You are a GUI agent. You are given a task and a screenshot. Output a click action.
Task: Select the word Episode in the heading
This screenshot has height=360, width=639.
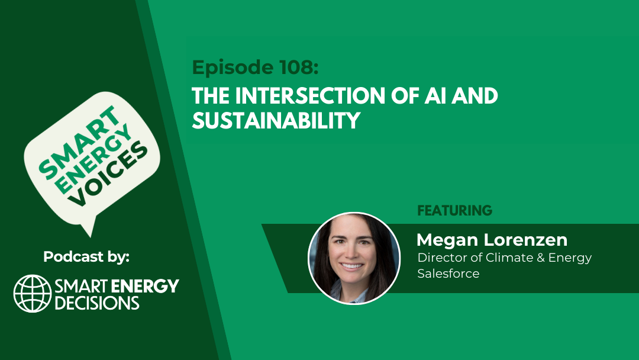pyautogui.click(x=233, y=68)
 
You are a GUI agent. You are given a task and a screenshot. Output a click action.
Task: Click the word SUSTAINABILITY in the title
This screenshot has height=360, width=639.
pyautogui.click(x=276, y=120)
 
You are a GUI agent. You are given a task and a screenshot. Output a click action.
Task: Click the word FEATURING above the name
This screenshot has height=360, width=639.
pyautogui.click(x=455, y=210)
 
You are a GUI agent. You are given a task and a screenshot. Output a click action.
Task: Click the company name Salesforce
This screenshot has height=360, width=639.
pyautogui.click(x=448, y=273)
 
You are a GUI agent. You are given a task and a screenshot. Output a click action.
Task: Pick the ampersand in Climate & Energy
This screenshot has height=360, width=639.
pyautogui.click(x=541, y=258)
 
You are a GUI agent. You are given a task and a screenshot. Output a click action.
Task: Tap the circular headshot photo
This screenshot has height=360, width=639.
pyautogui.click(x=354, y=258)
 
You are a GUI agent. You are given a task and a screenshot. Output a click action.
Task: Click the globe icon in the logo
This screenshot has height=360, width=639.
pyautogui.click(x=33, y=294)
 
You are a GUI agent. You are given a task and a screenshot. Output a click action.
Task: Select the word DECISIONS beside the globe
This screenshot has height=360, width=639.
pyautogui.click(x=97, y=303)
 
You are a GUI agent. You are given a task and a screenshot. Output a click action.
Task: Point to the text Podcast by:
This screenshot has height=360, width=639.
pyautogui.click(x=86, y=257)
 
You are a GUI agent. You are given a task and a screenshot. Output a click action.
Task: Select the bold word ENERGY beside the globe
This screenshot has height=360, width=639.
pyautogui.click(x=145, y=286)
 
